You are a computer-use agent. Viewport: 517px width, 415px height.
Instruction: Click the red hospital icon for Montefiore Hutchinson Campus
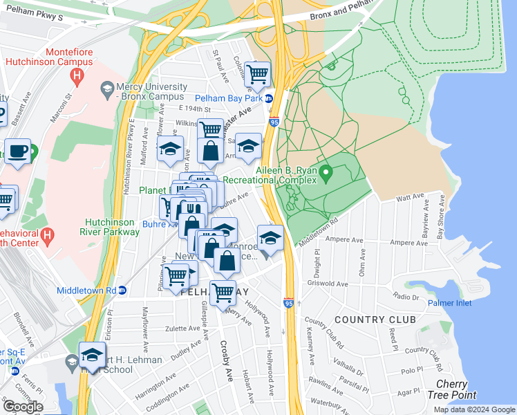77,75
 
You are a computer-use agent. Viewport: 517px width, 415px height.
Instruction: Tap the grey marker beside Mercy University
107,88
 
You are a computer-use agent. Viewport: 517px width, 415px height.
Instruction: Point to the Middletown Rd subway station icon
122,290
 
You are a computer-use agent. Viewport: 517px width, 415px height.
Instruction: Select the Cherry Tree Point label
456,389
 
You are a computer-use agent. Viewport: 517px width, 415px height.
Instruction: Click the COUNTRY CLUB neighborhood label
376,320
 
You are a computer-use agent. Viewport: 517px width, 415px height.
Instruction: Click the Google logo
23,407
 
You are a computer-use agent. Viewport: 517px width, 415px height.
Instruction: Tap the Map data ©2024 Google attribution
474,409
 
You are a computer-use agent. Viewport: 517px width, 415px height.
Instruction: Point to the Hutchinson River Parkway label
112,227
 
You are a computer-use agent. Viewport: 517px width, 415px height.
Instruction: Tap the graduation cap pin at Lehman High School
92,354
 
